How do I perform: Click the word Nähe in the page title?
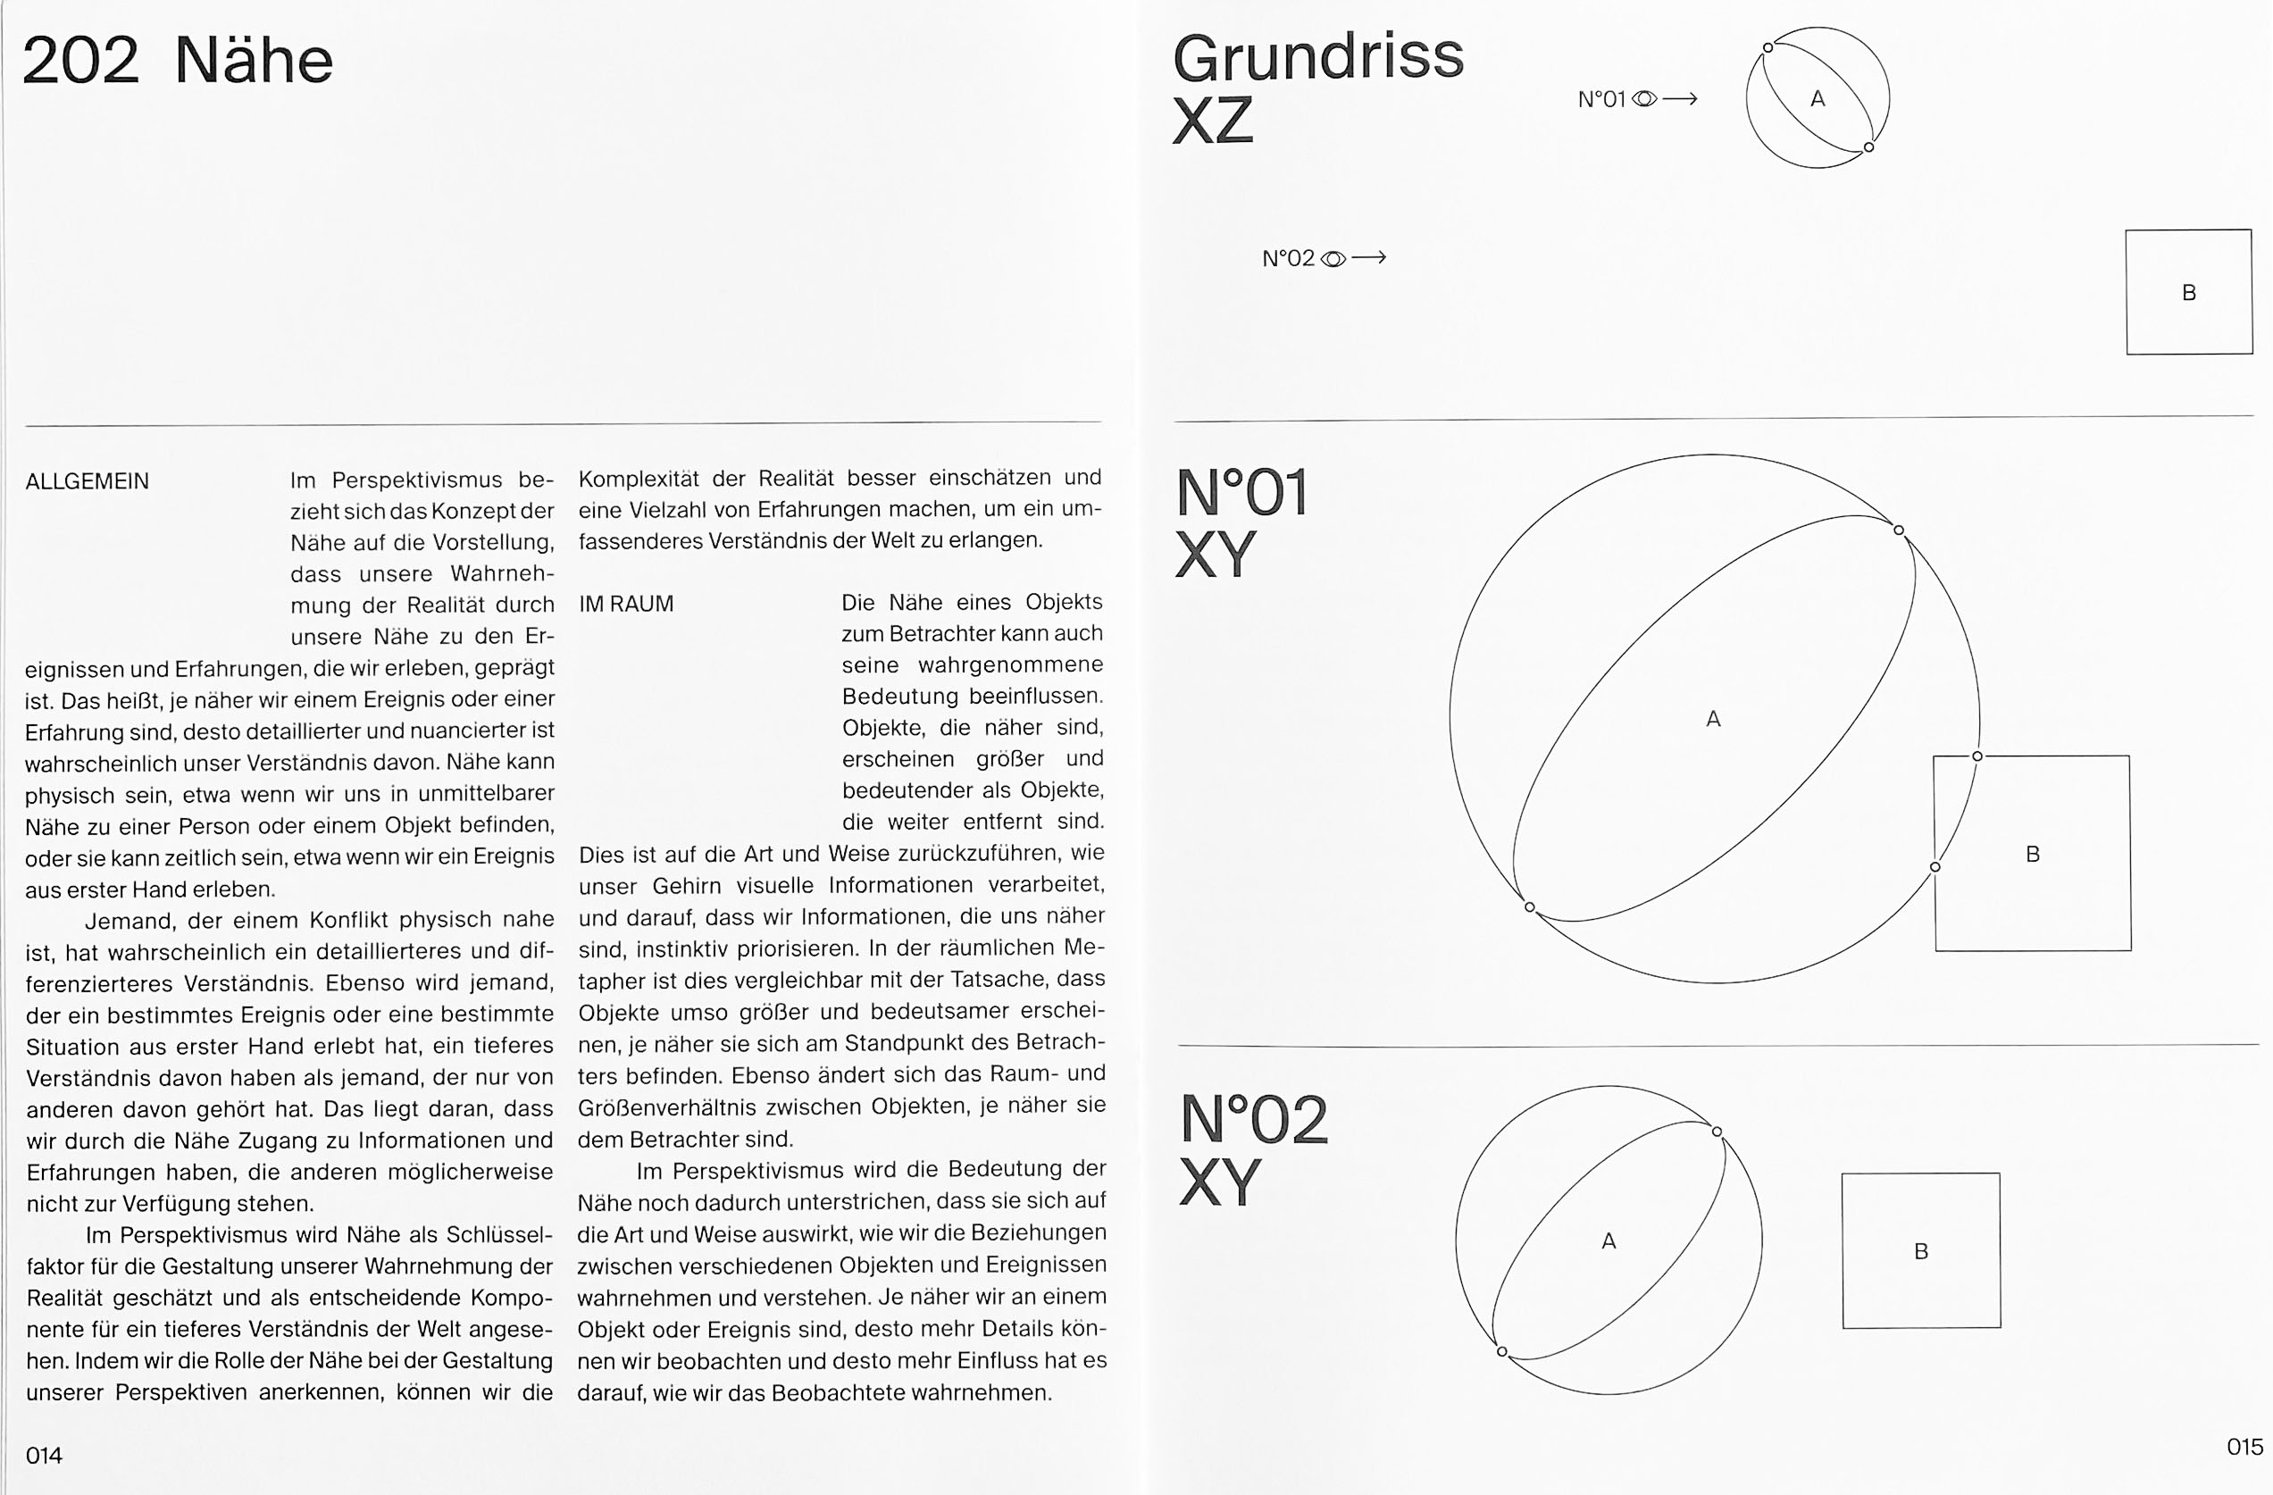click(x=254, y=61)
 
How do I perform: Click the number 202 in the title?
click(x=80, y=61)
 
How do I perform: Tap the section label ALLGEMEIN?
click(x=87, y=481)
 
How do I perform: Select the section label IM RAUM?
click(x=626, y=604)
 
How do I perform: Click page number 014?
click(x=44, y=1455)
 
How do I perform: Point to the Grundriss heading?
click(x=1318, y=57)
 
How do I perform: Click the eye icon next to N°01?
click(x=1644, y=98)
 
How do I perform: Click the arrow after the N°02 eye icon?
click(x=1369, y=258)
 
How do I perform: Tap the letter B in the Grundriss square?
click(x=2189, y=293)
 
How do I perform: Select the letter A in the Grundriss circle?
click(x=1818, y=98)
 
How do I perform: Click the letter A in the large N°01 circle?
click(x=1713, y=719)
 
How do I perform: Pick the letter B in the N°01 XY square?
click(x=2033, y=854)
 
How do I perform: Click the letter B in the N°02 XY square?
click(x=1920, y=1251)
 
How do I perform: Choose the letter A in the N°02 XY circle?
click(x=1609, y=1240)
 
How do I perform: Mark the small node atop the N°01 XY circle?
click(x=1899, y=530)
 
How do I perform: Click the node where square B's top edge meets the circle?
click(x=1977, y=756)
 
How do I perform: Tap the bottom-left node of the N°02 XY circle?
click(x=1502, y=1352)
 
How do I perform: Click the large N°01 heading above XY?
click(x=1241, y=494)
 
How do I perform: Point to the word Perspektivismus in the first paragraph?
click(x=416, y=480)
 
